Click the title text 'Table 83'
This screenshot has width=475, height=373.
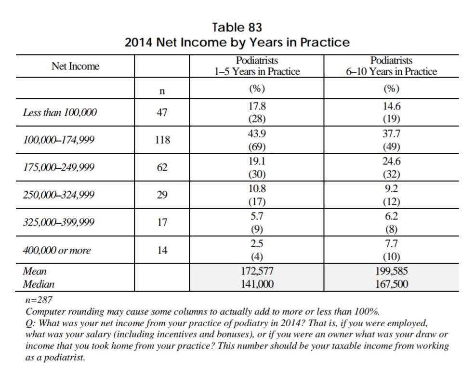click(237, 27)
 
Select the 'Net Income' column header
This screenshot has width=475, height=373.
click(75, 67)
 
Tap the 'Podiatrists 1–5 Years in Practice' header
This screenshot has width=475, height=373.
click(257, 66)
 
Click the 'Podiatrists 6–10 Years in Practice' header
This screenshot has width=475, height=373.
click(391, 66)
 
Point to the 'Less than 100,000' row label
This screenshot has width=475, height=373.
click(60, 113)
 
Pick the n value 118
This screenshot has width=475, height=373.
click(162, 140)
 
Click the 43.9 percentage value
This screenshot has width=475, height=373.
click(257, 134)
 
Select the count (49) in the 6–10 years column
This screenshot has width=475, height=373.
click(391, 147)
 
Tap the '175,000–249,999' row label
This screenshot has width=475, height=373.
click(59, 168)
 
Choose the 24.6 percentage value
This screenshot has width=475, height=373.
click(391, 161)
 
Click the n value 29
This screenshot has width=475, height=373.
click(162, 195)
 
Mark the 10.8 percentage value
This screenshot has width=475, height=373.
click(257, 189)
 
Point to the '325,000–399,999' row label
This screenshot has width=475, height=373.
click(59, 223)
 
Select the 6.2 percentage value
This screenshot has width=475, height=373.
click(391, 216)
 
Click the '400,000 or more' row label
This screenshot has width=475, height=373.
click(57, 251)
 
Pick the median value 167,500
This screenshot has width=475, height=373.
click(391, 284)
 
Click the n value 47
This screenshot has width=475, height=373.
click(162, 113)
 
